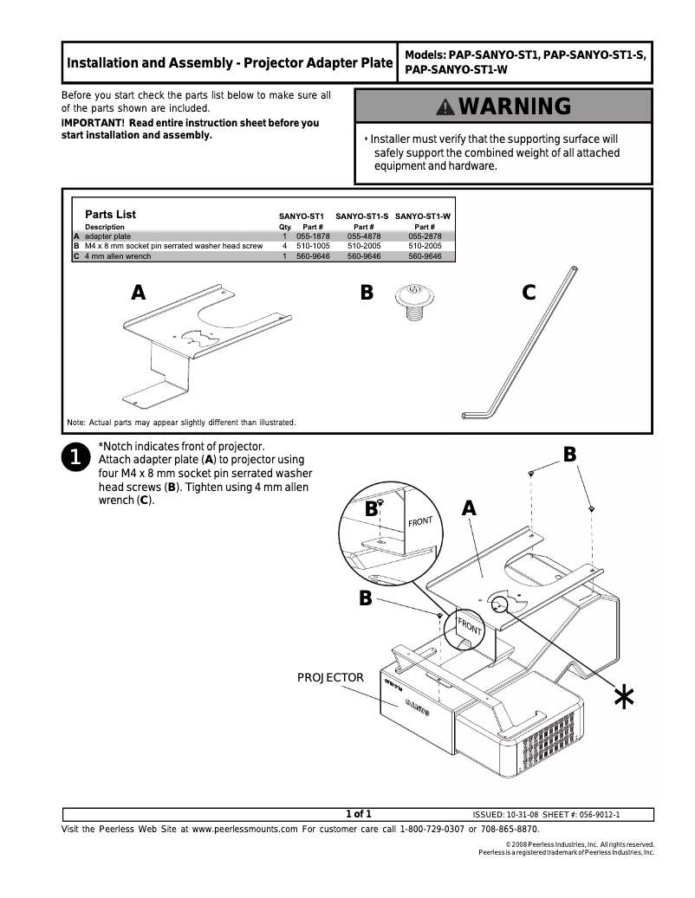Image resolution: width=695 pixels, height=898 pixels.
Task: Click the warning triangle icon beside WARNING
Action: (445, 107)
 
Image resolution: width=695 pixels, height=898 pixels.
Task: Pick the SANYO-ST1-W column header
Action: (423, 216)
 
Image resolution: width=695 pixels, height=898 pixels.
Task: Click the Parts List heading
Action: (110, 215)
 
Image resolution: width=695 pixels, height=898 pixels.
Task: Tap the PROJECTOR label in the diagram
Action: (331, 677)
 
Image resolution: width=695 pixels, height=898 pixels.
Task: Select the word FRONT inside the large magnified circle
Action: (420, 522)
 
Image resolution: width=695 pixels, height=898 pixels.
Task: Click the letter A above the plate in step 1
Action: (469, 508)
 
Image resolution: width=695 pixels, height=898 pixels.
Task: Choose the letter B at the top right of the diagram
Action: (569, 454)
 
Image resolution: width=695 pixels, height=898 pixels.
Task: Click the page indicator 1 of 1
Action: (358, 813)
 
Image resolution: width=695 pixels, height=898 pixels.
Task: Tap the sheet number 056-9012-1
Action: (594, 814)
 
